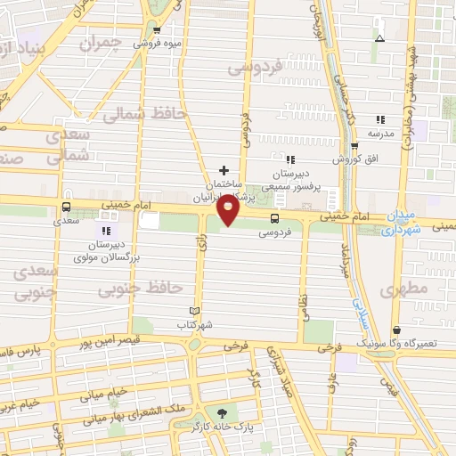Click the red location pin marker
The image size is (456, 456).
[229, 210]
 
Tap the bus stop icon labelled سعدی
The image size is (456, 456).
[66, 206]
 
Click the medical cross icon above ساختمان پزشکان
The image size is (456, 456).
[224, 169]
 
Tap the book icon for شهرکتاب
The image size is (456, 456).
[195, 310]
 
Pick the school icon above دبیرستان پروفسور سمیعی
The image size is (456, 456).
[290, 159]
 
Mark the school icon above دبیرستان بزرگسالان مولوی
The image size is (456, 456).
[107, 231]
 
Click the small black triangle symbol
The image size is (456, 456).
[380, 38]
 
